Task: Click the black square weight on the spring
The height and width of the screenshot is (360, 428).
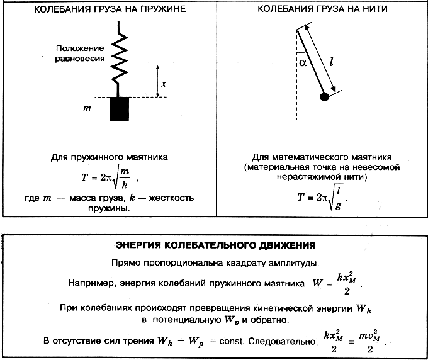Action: [x=119, y=109]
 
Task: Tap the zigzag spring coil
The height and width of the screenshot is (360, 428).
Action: [x=120, y=59]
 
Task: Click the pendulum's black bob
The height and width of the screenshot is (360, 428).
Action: [x=324, y=97]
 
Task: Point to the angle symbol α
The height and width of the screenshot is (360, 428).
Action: [x=303, y=63]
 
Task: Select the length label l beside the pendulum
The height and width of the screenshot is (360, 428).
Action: [x=331, y=62]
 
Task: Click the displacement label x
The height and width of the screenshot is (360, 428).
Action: [x=164, y=84]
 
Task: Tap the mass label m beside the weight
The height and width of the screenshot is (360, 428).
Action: [x=87, y=108]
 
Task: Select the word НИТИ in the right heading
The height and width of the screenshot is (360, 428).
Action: [x=375, y=9]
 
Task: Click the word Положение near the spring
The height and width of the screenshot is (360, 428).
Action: [x=80, y=48]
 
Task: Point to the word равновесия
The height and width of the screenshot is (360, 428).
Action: [x=80, y=59]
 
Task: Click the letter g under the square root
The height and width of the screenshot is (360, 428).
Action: [x=338, y=205]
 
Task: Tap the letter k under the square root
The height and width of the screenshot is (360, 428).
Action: [x=125, y=185]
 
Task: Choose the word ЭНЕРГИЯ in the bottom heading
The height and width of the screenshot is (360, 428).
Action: [x=138, y=245]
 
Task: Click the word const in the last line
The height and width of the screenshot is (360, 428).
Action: [x=231, y=341]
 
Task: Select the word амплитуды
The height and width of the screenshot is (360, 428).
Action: [x=294, y=263]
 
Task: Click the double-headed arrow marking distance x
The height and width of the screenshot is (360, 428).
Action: [x=157, y=81]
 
